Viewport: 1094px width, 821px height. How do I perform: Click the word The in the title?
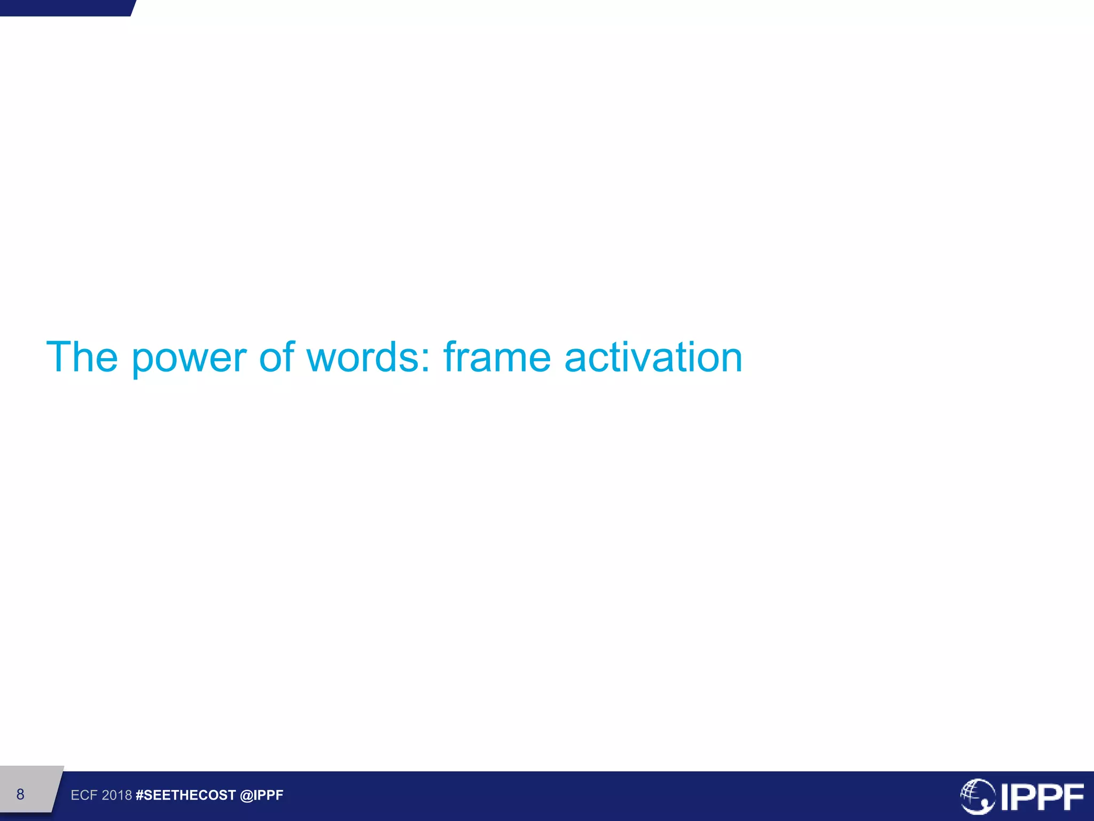82,357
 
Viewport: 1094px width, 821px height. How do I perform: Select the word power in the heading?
189,358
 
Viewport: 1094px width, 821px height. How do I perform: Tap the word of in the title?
277,357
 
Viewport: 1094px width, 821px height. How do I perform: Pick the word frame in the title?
497,357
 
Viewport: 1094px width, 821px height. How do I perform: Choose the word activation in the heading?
653,357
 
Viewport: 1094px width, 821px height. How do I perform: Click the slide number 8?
20,794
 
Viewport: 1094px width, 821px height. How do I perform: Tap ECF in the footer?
84,795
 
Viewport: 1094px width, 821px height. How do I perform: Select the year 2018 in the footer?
117,795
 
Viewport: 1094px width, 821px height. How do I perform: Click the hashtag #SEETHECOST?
185,795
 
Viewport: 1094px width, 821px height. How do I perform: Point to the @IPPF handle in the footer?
262,795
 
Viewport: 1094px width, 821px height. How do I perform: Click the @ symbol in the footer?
246,795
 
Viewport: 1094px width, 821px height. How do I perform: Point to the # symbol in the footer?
140,795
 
